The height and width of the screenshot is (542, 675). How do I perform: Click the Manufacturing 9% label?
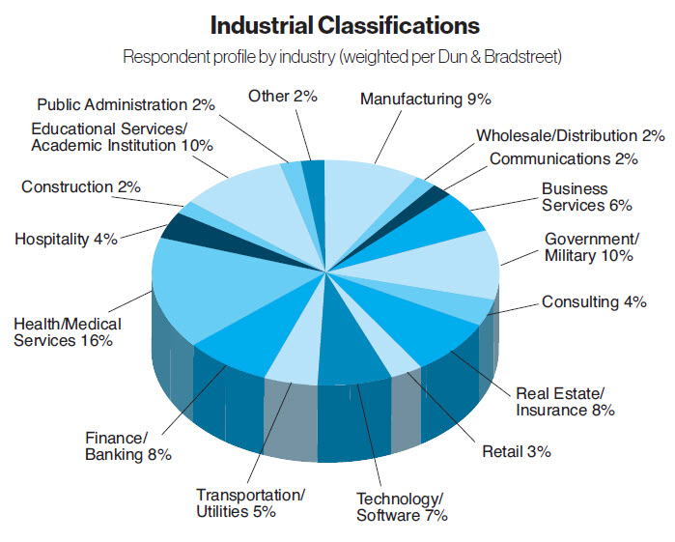point(426,99)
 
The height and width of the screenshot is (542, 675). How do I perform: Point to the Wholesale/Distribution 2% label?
point(570,136)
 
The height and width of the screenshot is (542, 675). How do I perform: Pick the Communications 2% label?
point(564,158)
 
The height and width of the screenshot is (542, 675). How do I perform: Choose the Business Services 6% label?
point(586,197)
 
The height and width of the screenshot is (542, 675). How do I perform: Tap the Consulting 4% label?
point(593,302)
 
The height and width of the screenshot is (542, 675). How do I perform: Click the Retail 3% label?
point(517,450)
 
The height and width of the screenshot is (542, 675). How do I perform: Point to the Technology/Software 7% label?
point(402,507)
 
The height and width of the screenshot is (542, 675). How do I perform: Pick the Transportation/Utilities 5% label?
point(250,503)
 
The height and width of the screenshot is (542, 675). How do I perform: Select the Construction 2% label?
point(81,185)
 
